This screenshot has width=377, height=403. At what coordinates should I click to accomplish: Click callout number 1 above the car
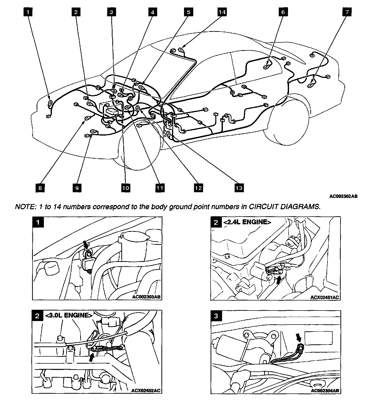tap(29, 12)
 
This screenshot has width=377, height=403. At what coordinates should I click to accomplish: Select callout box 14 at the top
tap(222, 12)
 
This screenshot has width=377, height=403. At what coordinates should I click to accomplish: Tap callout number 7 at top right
tap(347, 12)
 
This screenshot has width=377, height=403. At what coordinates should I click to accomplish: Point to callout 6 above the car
tap(283, 12)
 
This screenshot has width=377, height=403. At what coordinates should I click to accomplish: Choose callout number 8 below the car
tap(40, 188)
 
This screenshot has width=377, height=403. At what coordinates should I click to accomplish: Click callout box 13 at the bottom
tap(239, 188)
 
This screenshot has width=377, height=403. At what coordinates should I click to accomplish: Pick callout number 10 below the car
tap(126, 188)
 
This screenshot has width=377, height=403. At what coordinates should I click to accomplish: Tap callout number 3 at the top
tap(111, 12)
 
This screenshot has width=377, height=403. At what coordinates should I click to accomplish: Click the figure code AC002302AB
tap(343, 196)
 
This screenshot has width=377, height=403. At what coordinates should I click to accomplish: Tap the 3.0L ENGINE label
tap(68, 315)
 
